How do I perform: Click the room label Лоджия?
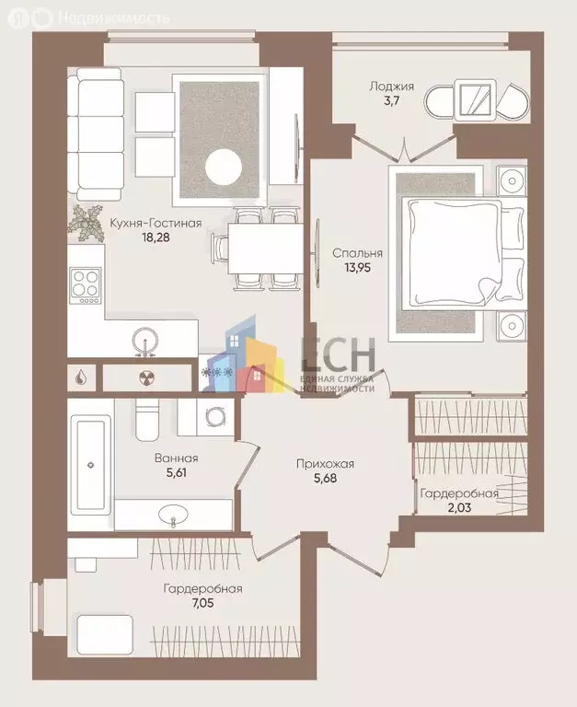click(x=391, y=87)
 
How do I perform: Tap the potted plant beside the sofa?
click(x=89, y=220)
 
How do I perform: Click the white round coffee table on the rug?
click(x=223, y=168)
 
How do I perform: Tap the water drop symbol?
click(x=83, y=377)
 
